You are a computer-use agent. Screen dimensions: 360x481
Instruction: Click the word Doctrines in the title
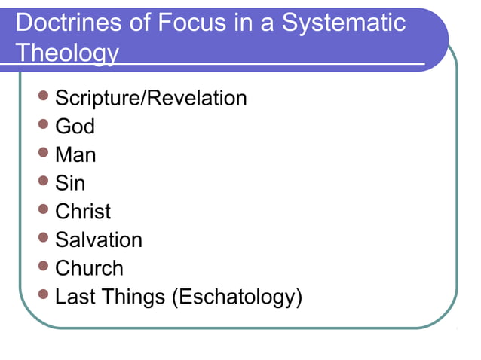[63, 23]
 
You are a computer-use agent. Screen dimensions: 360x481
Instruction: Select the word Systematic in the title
[344, 23]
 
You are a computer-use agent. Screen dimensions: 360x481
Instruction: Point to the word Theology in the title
[67, 53]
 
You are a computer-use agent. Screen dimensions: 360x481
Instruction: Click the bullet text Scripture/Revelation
[151, 98]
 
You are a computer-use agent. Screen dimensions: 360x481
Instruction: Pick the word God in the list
[75, 127]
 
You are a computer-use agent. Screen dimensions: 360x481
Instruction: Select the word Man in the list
[75, 155]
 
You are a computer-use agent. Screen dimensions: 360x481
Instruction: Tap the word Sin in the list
[70, 183]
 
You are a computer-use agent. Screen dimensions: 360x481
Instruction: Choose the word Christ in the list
[83, 212]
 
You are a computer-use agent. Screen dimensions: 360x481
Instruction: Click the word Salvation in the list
[99, 240]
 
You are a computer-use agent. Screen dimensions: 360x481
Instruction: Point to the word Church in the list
[89, 268]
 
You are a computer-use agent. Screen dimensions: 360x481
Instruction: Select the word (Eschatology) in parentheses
[237, 297]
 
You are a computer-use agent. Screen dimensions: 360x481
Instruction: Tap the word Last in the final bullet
[75, 297]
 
